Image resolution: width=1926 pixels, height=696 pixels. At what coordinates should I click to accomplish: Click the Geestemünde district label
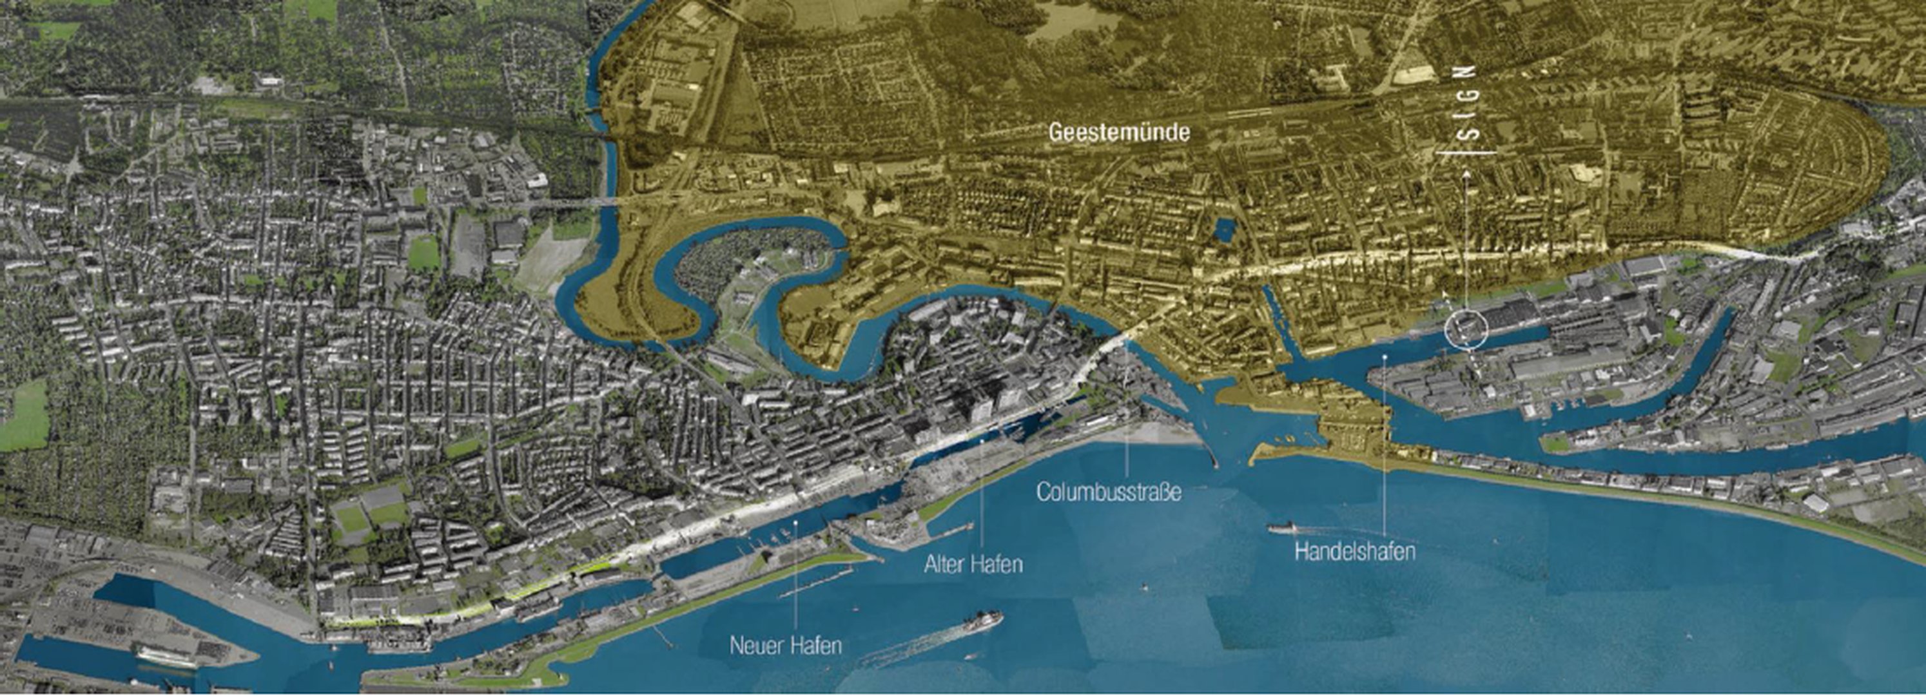coord(1118,133)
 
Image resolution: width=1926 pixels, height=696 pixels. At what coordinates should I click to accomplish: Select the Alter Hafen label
coord(973,564)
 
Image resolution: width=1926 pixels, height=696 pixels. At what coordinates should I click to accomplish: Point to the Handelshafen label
coord(1354,552)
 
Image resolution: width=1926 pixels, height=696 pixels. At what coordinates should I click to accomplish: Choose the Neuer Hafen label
coord(785,645)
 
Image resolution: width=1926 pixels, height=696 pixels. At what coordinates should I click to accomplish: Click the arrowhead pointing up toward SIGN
coord(1466,177)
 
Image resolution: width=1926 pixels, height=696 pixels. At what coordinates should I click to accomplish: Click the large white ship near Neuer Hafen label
coord(981,622)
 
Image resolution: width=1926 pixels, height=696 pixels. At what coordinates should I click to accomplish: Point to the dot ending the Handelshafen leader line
coord(1385,358)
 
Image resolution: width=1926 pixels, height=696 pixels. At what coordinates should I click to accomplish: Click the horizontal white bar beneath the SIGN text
coord(1466,153)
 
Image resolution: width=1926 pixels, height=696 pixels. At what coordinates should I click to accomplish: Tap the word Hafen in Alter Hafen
coord(997,564)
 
